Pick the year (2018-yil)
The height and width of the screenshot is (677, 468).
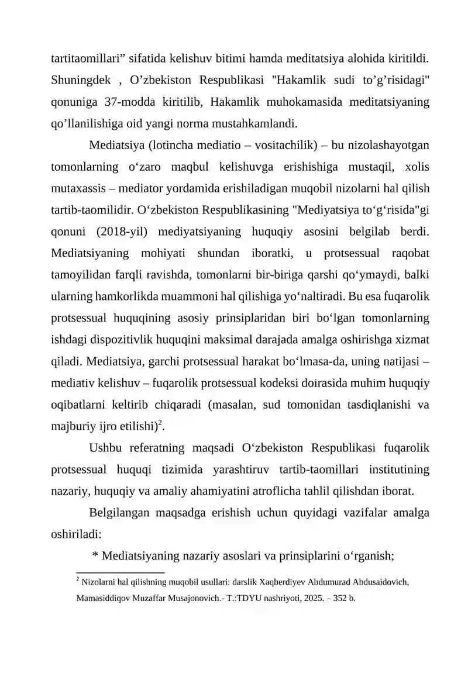tap(123, 232)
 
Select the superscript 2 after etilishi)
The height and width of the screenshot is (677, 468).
tap(162, 423)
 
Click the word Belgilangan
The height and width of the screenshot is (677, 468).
tap(120, 513)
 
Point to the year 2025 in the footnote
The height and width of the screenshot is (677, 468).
tap(312, 599)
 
